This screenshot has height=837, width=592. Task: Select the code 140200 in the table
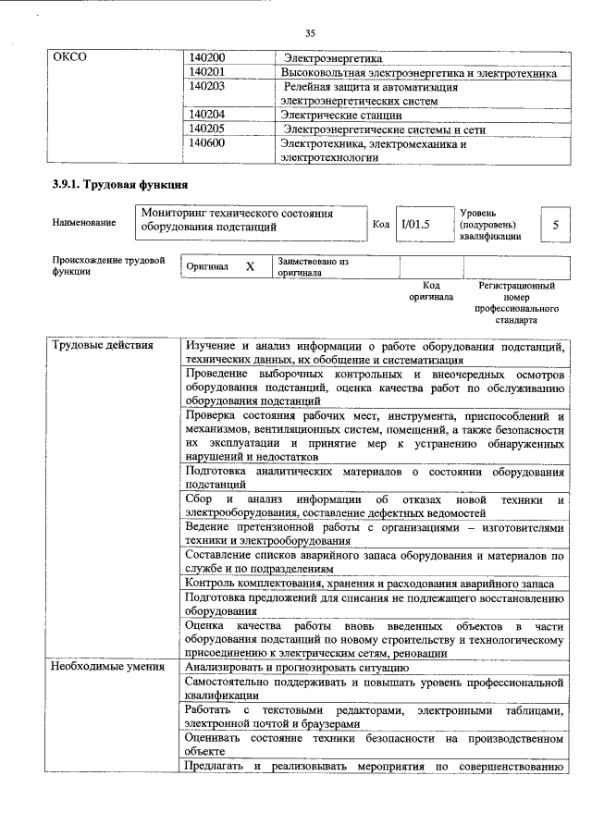coord(207,58)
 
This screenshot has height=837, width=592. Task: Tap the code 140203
coord(207,86)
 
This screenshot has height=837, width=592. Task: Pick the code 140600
coord(207,143)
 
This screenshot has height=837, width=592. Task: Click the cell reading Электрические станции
coord(341,116)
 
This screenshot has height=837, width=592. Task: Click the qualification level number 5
coord(554,225)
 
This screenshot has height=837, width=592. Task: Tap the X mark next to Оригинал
coord(250,266)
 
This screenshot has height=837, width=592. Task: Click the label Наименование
coord(84,223)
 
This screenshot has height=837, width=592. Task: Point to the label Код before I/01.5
coord(380,223)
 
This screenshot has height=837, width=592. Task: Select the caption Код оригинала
coord(431,291)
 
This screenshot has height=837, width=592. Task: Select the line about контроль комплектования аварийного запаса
coord(369,584)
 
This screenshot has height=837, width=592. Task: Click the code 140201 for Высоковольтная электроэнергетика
coord(207,72)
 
